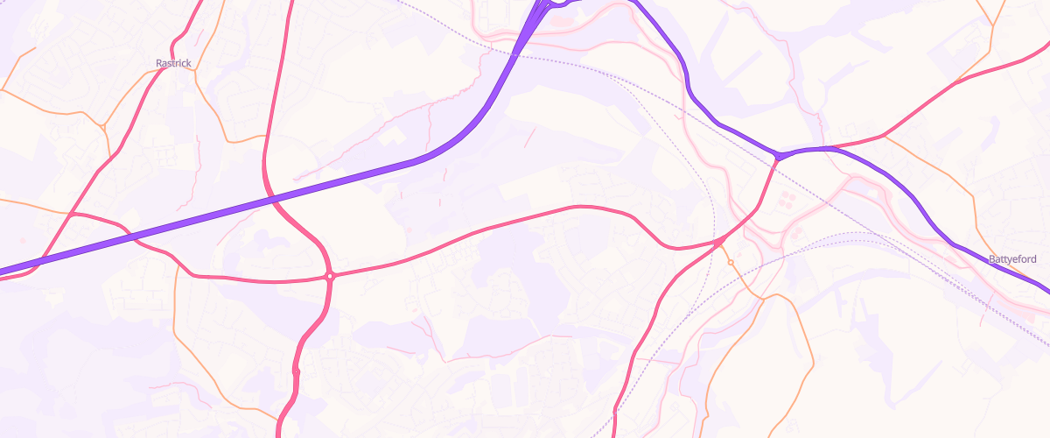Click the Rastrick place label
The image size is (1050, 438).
tap(173, 63)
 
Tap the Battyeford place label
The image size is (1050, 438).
tap(1012, 260)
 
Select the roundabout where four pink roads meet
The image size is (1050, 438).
tap(330, 276)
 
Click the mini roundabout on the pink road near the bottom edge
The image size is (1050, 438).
tap(297, 372)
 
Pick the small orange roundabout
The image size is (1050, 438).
tap(731, 263)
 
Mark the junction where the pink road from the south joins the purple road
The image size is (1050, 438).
tap(777, 157)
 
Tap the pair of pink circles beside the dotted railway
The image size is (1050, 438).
tap(797, 233)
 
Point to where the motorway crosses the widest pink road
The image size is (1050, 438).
tap(275, 201)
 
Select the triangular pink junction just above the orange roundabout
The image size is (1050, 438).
tap(718, 241)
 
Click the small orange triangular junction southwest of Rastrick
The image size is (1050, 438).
tap(103, 128)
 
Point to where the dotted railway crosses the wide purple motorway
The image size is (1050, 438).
tap(514, 57)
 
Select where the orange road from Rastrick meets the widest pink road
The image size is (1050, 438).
tap(265, 137)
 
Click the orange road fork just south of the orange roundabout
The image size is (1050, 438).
tap(764, 298)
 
